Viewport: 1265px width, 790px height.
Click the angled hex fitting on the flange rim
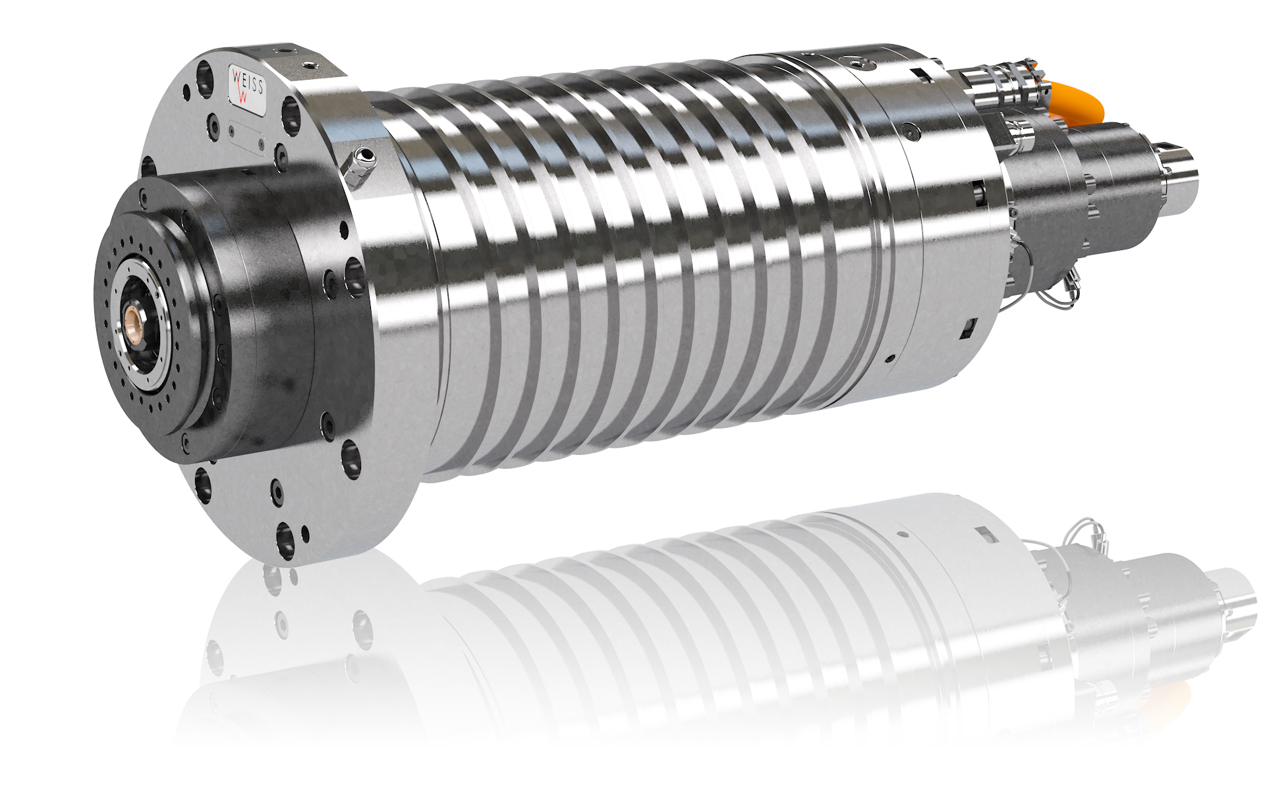click(x=358, y=167)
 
